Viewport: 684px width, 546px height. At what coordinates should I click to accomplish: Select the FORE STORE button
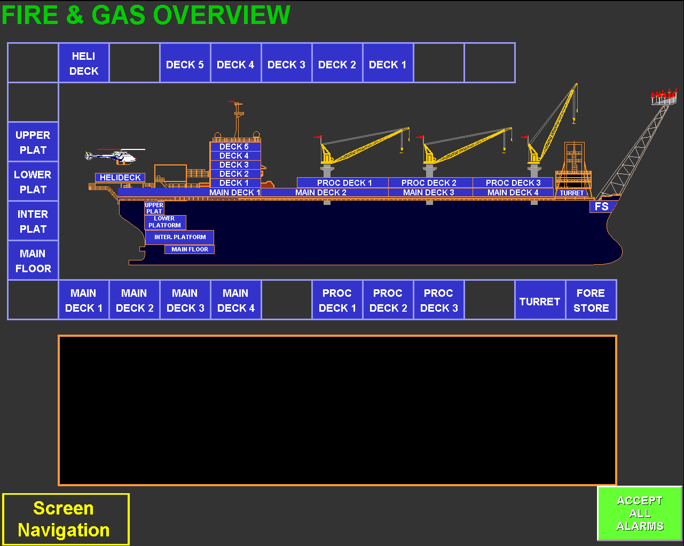tap(591, 300)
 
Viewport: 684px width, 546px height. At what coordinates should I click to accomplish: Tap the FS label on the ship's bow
tap(602, 206)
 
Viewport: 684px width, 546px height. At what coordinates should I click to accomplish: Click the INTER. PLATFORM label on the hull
tap(180, 237)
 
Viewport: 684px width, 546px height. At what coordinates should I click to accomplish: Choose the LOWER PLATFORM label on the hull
tap(165, 222)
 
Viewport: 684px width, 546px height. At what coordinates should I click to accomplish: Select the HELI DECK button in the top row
tap(84, 64)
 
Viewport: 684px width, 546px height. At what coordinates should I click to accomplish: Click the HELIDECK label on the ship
tap(120, 177)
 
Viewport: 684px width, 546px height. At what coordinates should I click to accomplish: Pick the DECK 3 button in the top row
tap(286, 65)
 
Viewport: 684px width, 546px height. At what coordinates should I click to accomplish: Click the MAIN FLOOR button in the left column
tap(33, 260)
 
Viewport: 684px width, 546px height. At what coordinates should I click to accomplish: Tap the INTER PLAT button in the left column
tap(33, 221)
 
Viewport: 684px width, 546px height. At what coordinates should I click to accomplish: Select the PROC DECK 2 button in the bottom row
tap(388, 300)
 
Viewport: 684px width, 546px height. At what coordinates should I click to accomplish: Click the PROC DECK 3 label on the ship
tap(513, 183)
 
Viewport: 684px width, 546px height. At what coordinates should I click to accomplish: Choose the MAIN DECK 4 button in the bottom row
tap(235, 300)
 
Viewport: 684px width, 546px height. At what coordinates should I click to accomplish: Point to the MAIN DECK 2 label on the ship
tap(321, 192)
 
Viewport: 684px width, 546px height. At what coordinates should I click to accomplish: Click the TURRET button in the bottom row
tap(540, 301)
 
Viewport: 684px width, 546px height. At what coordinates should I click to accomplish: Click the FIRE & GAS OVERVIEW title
tap(146, 15)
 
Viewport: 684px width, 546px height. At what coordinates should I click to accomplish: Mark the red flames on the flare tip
tap(664, 94)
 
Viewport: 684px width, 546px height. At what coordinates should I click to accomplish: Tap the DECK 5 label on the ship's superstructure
tap(234, 146)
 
